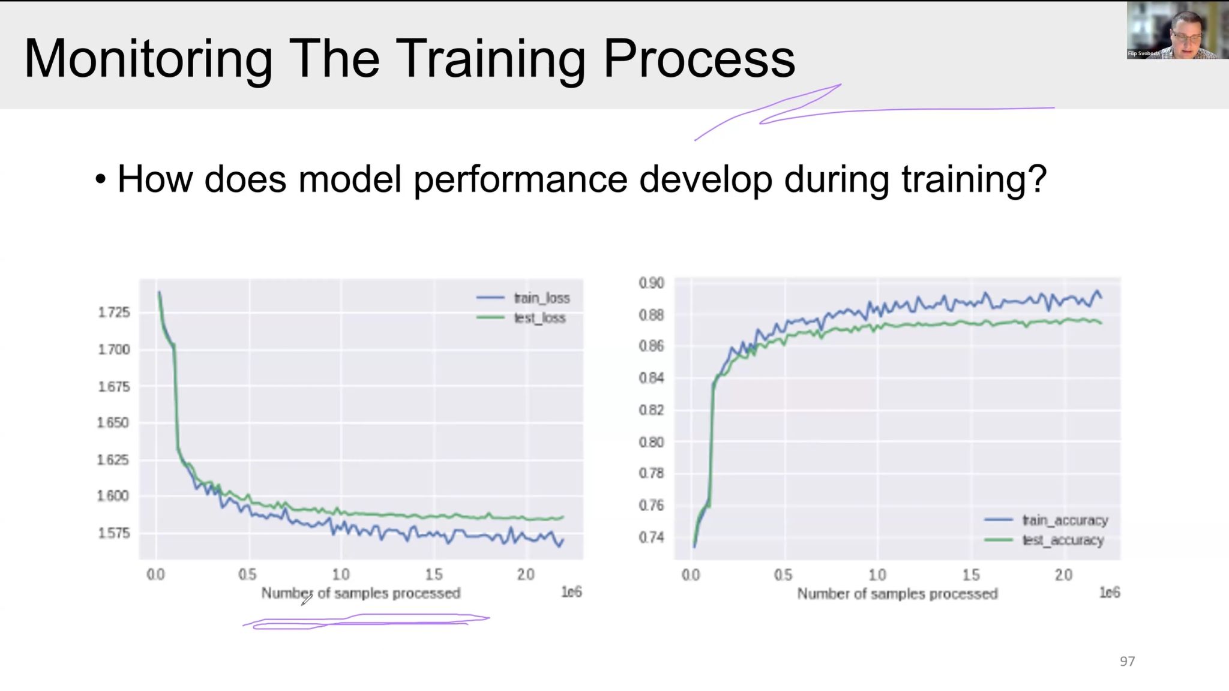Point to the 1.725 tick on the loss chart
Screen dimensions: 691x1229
pyautogui.click(x=113, y=312)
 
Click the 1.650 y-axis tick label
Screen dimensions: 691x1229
pyautogui.click(x=113, y=423)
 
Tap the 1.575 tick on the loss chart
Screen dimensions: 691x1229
pyautogui.click(x=113, y=533)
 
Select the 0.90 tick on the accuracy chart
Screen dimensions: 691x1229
pyautogui.click(x=651, y=283)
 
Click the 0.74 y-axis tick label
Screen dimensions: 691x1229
pyautogui.click(x=651, y=537)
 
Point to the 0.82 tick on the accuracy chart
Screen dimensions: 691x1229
pyautogui.click(x=651, y=410)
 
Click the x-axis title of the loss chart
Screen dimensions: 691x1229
pyautogui.click(x=361, y=593)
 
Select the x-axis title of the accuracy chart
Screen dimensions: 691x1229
pyautogui.click(x=897, y=594)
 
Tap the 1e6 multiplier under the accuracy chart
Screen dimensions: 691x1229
pyautogui.click(x=1109, y=593)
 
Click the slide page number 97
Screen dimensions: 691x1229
pyautogui.click(x=1127, y=661)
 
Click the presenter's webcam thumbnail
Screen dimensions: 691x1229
pyautogui.click(x=1177, y=30)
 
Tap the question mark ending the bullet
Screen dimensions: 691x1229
pyautogui.click(x=1038, y=179)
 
